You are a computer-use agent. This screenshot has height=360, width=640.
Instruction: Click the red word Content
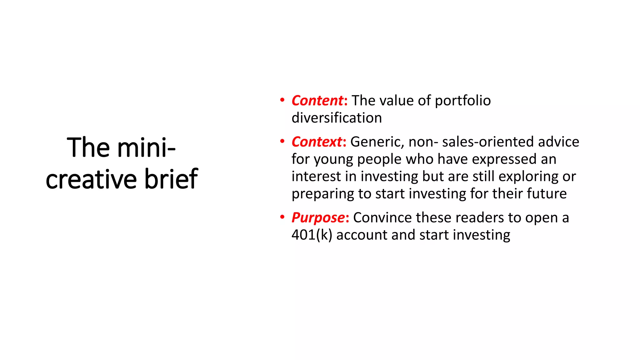pyautogui.click(x=317, y=101)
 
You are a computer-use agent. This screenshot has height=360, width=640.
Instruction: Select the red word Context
pyautogui.click(x=317, y=142)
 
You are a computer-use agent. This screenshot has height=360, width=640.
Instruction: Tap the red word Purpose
pyautogui.click(x=318, y=217)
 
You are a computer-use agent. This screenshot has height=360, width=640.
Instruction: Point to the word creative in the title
pyautogui.click(x=91, y=179)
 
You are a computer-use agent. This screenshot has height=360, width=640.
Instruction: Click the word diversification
pyautogui.click(x=337, y=118)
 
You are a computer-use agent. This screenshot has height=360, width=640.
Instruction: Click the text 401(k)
pyautogui.click(x=312, y=235)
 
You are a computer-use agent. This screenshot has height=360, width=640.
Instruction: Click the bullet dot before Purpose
pyautogui.click(x=282, y=217)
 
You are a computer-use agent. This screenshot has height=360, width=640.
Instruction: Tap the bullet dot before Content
pyautogui.click(x=282, y=100)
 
